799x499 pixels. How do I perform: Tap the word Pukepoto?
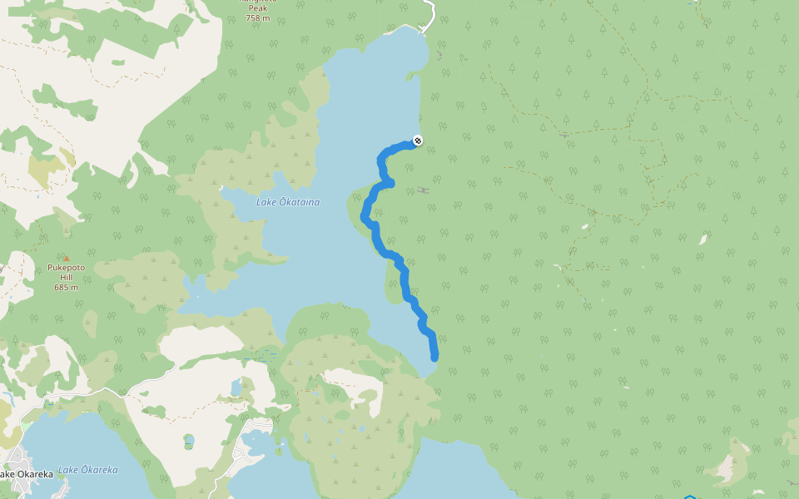67,268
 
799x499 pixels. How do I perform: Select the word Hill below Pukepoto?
67,278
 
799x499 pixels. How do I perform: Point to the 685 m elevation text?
67,288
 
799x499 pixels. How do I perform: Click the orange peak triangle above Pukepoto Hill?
67,258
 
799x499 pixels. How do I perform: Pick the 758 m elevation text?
259,17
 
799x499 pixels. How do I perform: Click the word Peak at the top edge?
259,7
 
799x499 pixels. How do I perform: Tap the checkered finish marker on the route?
417,141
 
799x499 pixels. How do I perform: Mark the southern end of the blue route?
434,357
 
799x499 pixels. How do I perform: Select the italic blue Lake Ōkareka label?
88,470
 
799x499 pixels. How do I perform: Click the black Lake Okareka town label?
26,474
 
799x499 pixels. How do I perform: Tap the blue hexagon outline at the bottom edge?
689,497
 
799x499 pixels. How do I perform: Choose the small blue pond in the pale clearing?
236,388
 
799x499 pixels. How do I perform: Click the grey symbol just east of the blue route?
424,190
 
